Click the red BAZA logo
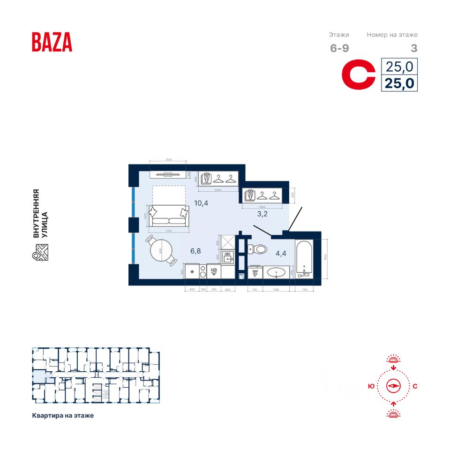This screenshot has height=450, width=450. click(52, 42)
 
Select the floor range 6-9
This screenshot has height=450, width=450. click(339, 48)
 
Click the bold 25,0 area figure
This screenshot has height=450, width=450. click(399, 83)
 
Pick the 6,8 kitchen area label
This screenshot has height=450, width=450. click(195, 251)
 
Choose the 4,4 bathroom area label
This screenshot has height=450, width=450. click(281, 254)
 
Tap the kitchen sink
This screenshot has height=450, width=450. click(228, 257)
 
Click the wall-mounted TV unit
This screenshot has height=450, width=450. click(168, 174)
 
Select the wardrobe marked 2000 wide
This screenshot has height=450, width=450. click(218, 179)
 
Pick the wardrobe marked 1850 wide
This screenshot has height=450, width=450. click(262, 195)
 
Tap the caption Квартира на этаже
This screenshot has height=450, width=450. click(63, 415)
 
